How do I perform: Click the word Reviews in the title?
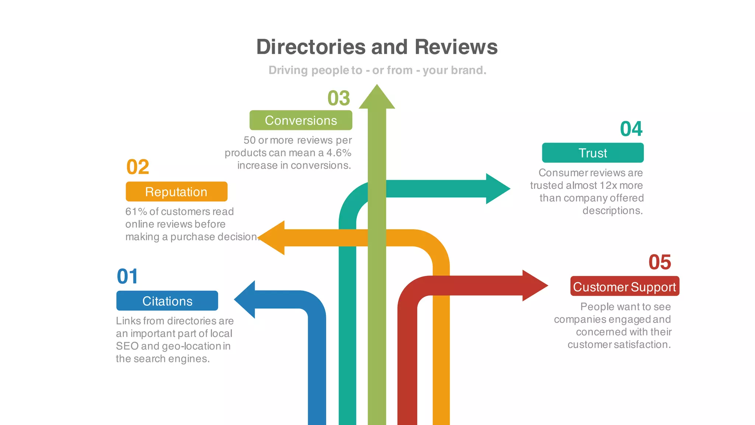pyautogui.click(x=456, y=47)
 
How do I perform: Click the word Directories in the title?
pyautogui.click(x=311, y=47)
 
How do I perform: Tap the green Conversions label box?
pyautogui.click(x=301, y=120)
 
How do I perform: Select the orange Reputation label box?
pyautogui.click(x=176, y=191)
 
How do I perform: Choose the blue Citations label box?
pyautogui.click(x=167, y=301)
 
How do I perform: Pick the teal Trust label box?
pyautogui.click(x=592, y=153)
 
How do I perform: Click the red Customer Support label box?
pyautogui.click(x=624, y=286)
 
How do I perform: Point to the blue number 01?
pyautogui.click(x=128, y=276)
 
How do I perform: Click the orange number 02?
pyautogui.click(x=138, y=167)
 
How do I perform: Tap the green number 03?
pyautogui.click(x=338, y=98)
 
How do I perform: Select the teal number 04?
pyautogui.click(x=631, y=129)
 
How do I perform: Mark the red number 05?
pyautogui.click(x=660, y=262)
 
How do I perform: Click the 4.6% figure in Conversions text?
pyautogui.click(x=338, y=153)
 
